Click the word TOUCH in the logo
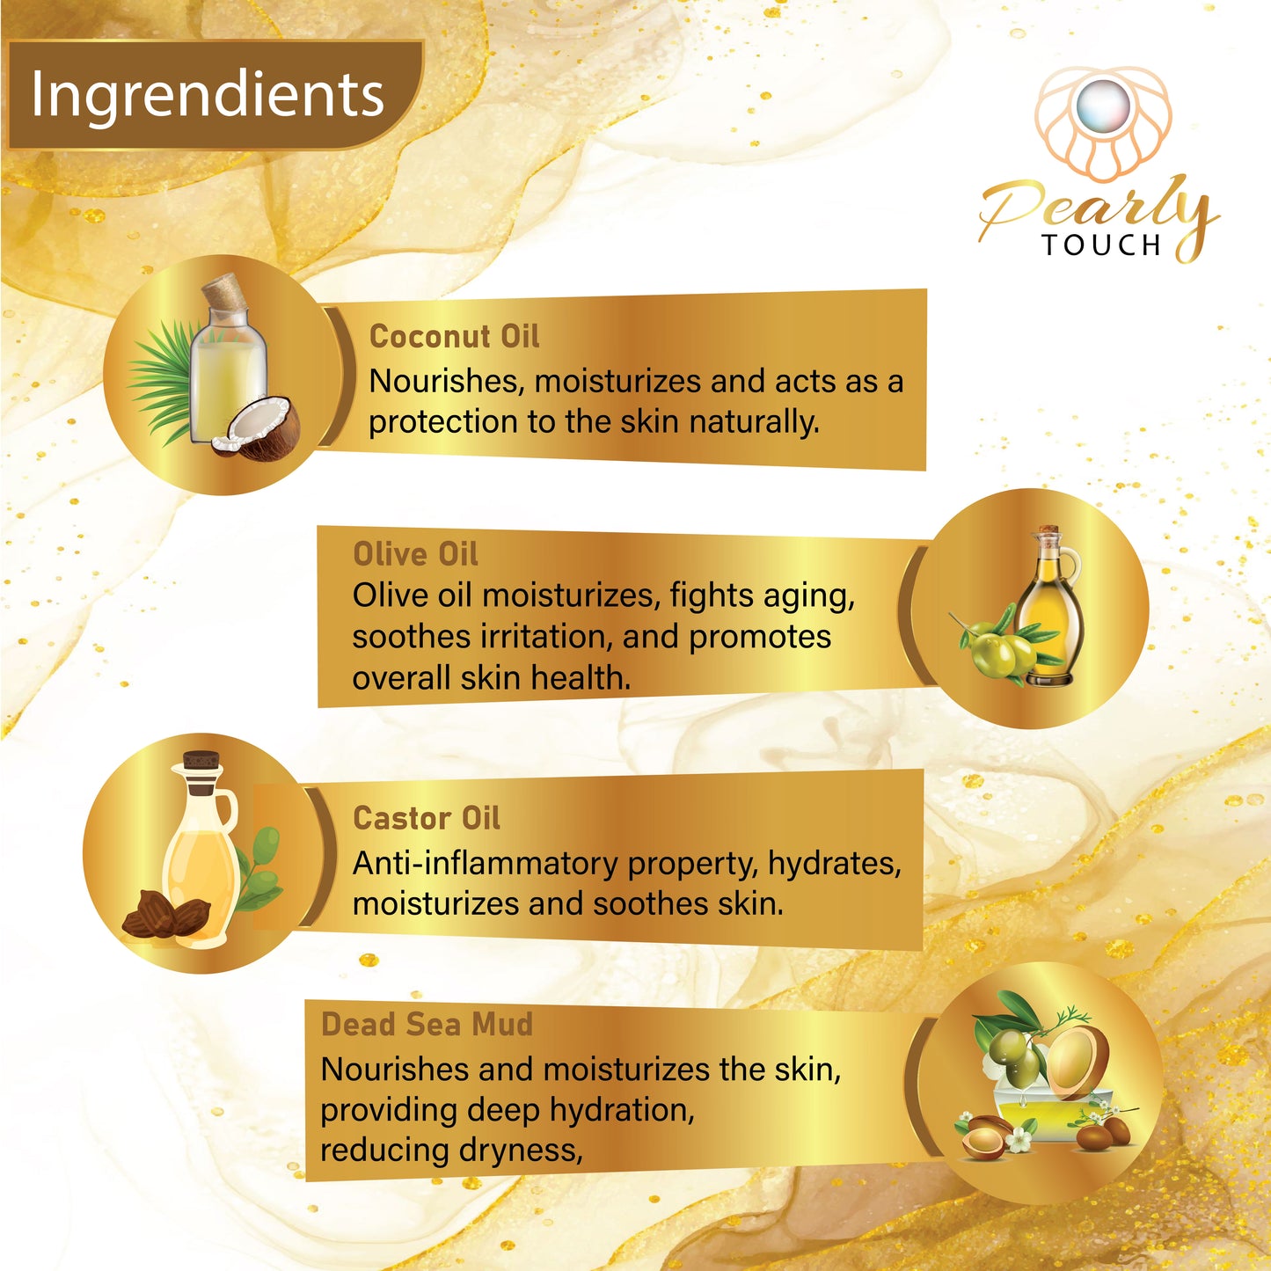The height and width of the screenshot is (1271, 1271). tap(1101, 245)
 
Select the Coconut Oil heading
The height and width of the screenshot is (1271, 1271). tap(454, 336)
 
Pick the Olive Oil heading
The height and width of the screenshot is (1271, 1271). tap(415, 553)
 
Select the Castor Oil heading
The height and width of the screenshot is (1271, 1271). tap(426, 818)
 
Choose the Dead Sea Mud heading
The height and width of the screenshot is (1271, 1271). tap(427, 1025)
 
